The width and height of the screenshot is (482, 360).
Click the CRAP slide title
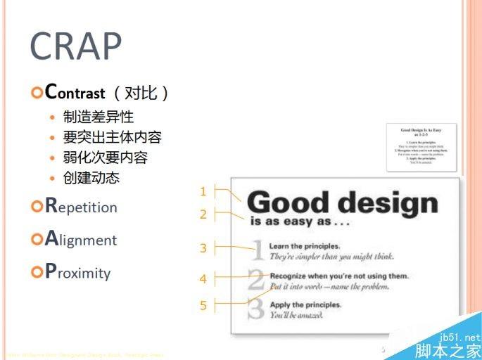[75, 47]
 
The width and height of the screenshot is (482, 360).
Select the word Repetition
[81, 207]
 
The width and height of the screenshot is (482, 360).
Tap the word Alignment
[81, 240]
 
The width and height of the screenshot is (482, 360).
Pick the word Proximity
[78, 273]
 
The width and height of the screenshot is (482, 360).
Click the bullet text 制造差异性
[98, 117]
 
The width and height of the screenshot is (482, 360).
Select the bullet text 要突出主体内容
[112, 137]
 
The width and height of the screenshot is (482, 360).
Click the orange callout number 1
[203, 191]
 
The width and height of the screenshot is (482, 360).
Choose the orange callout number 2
[203, 214]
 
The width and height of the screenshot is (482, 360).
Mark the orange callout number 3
[203, 247]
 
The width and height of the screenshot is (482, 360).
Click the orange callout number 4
[203, 279]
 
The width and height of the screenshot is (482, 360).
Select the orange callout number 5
[203, 305]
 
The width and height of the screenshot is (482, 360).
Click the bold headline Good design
[342, 202]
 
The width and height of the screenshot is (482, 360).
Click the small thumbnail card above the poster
[421, 147]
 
